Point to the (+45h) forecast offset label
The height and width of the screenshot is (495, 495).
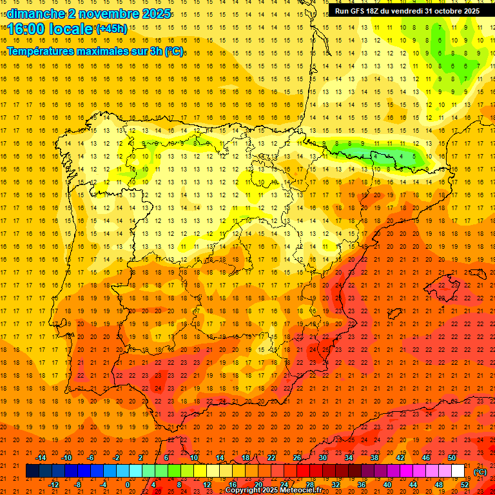[112, 28]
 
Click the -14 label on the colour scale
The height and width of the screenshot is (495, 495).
[41, 458]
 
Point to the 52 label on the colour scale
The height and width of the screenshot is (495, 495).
[465, 485]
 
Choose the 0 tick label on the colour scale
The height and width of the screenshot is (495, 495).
[128, 485]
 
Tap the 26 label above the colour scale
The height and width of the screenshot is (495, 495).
[297, 458]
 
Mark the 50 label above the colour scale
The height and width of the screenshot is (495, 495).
[452, 458]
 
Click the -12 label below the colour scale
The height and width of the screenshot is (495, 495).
[54, 485]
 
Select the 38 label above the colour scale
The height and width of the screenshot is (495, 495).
[374, 458]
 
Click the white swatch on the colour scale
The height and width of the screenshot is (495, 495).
[458, 471]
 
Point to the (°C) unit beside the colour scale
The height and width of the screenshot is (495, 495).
[480, 472]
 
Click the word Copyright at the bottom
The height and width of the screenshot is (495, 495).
[245, 490]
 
